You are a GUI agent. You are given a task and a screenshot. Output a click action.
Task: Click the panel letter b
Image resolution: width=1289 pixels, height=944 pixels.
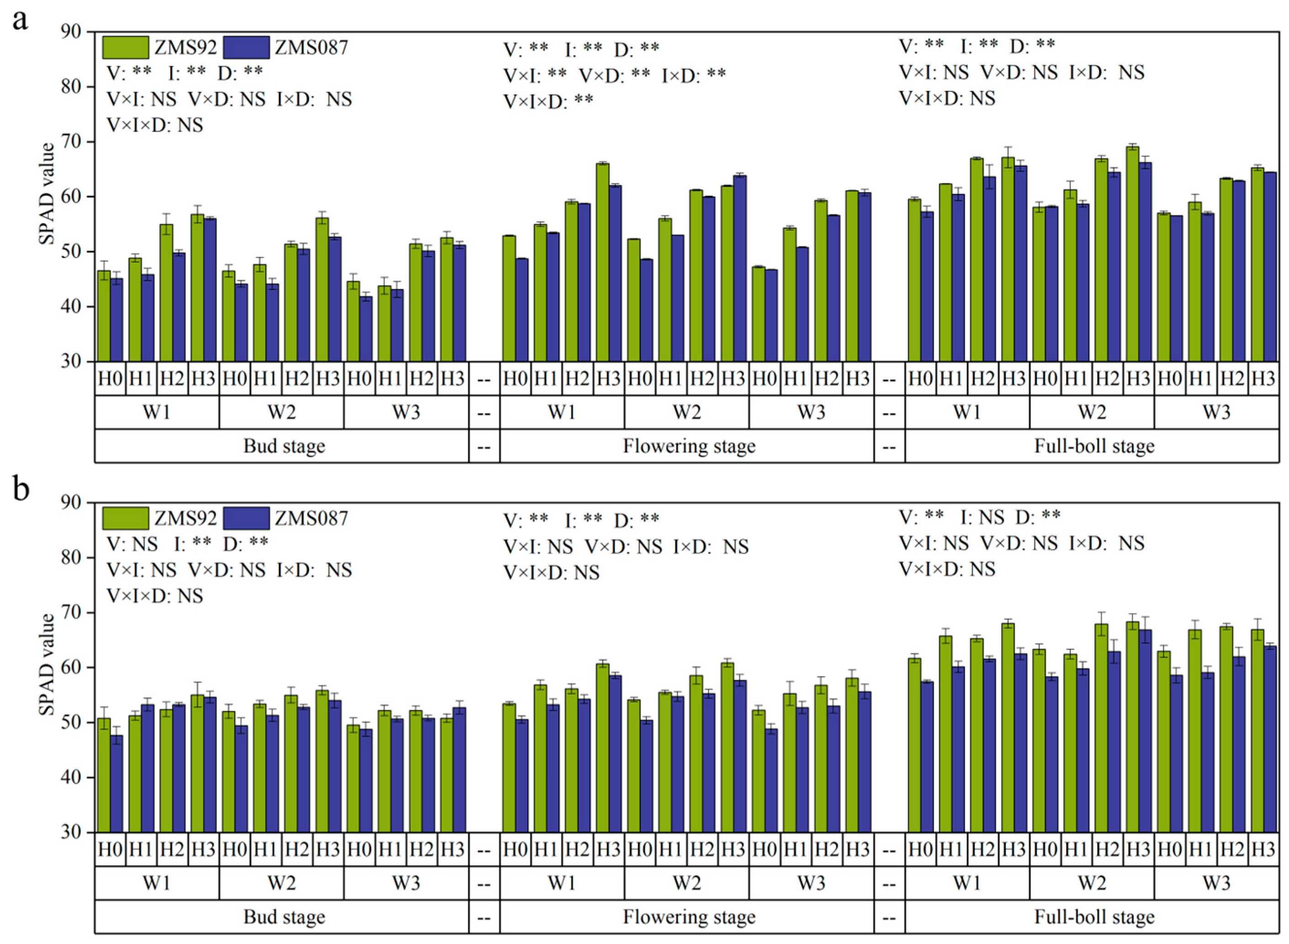coord(21,490)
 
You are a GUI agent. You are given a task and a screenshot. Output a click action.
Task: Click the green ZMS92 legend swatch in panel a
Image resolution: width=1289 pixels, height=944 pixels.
coord(126,47)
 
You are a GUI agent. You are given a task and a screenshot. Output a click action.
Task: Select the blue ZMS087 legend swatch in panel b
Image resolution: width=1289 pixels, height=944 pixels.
coord(247,518)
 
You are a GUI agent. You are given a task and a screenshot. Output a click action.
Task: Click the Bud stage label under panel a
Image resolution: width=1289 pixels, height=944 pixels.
coord(284,446)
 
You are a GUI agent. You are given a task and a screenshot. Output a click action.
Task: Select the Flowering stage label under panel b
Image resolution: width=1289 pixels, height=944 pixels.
coord(689,917)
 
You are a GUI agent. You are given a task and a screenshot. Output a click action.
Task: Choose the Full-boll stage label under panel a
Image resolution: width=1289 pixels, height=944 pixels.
coord(1094,446)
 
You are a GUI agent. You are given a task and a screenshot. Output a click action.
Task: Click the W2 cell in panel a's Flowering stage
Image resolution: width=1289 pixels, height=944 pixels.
coord(687,412)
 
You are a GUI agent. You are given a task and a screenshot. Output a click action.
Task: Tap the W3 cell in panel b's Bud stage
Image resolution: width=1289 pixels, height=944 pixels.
coord(406,883)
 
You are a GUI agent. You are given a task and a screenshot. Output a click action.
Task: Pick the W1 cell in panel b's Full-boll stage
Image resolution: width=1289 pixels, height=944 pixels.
coord(967,883)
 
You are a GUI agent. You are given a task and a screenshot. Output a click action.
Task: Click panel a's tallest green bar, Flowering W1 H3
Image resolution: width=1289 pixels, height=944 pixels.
coord(602,263)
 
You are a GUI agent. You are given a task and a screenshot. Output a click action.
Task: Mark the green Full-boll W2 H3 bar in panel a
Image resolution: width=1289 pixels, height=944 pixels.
coord(1132,254)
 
